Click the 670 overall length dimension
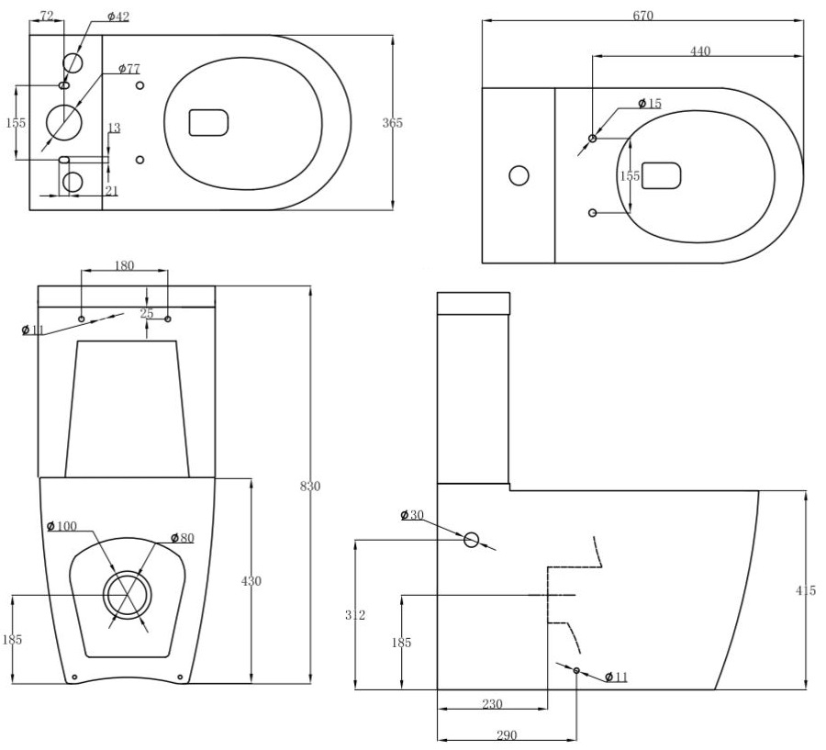(642, 16)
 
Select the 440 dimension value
(699, 51)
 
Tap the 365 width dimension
(392, 122)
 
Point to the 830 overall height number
(310, 486)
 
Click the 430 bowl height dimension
(251, 580)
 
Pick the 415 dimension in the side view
(805, 590)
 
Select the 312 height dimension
(355, 614)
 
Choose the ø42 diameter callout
(118, 17)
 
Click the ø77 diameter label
(129, 69)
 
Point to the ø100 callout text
(62, 526)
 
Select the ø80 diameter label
(182, 538)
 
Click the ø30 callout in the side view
(412, 515)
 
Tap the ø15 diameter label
(649, 104)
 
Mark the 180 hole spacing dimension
(124, 266)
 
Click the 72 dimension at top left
(48, 17)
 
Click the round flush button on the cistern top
(519, 174)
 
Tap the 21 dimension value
(111, 190)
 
